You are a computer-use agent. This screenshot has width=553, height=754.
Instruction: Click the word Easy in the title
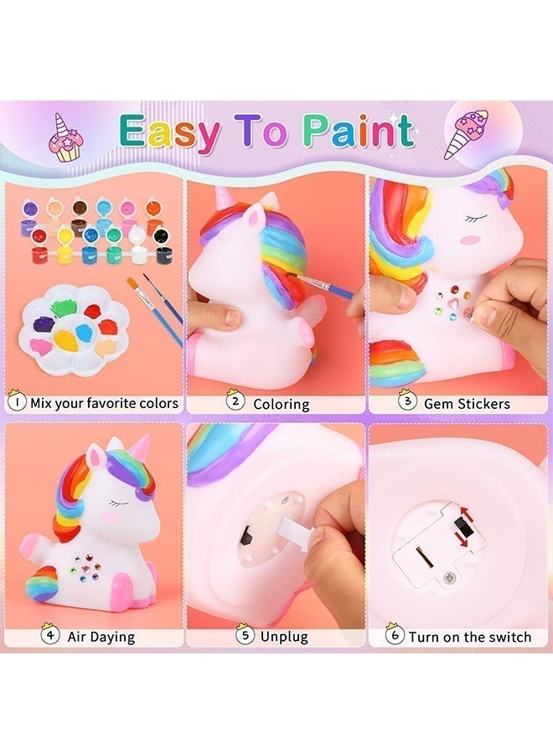click(x=170, y=132)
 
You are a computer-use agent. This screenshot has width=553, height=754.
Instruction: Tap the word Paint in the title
click(x=359, y=130)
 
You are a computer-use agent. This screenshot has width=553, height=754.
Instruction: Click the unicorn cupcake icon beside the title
click(x=65, y=138)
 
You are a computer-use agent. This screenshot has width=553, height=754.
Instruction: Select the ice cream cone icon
click(x=466, y=134)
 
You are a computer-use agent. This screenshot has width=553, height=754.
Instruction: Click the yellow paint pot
click(x=65, y=246)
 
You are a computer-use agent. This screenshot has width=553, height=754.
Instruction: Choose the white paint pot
click(x=138, y=246)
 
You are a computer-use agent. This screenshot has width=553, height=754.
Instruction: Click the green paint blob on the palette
click(x=64, y=307)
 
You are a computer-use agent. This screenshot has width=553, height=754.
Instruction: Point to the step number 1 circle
click(x=17, y=401)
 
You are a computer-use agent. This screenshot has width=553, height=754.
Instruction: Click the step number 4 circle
click(x=50, y=635)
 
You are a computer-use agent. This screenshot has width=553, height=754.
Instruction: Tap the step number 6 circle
click(x=395, y=635)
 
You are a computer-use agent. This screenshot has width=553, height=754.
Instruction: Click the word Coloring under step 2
click(x=282, y=404)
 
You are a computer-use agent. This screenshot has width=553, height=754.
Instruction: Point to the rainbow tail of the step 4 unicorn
click(x=43, y=584)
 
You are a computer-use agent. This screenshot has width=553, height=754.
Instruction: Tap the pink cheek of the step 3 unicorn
click(x=468, y=238)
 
